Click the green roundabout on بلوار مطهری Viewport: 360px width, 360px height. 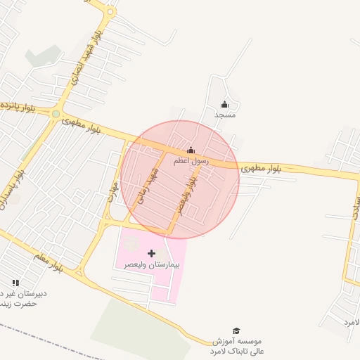56,113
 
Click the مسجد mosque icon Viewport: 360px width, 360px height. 225,104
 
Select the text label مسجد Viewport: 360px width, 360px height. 225,114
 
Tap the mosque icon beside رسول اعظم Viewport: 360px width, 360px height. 191,150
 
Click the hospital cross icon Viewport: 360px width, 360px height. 152,252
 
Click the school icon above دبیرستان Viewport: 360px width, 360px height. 15,283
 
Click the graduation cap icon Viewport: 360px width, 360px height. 237,330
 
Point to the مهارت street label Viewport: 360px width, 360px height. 112,188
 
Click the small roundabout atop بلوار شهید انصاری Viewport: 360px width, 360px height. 109,12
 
